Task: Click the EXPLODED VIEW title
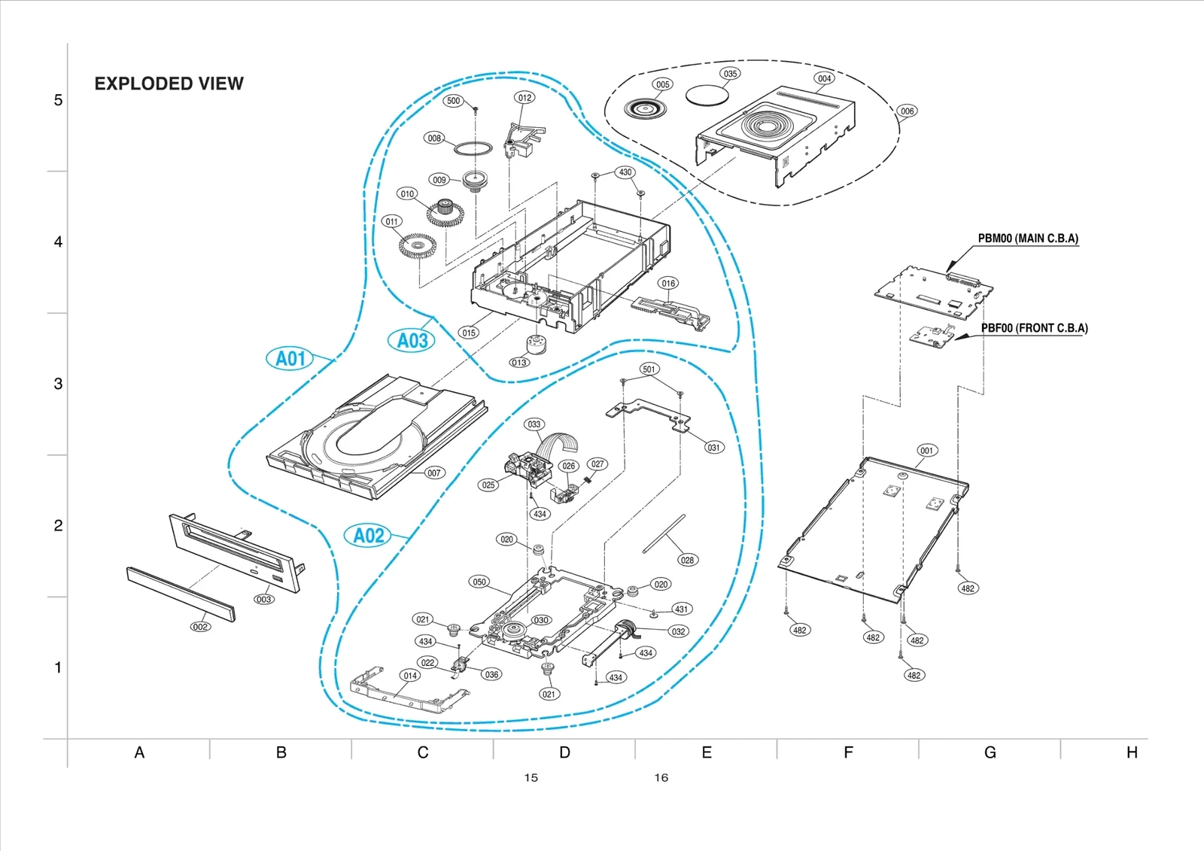pos(169,84)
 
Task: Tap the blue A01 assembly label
pos(290,359)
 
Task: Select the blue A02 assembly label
pos(369,536)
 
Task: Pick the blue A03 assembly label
pos(412,341)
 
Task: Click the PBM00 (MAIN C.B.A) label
pos(1027,239)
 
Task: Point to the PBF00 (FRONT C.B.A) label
pos(1034,328)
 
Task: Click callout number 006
pos(908,111)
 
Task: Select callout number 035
pos(730,74)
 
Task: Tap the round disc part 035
pos(707,95)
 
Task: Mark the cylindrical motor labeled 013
pos(537,344)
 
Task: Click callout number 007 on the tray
pos(434,473)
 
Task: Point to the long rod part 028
pos(664,533)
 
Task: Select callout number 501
pos(649,369)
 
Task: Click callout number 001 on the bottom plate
pos(926,451)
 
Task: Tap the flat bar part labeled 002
pos(181,594)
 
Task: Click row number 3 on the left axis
pos(58,384)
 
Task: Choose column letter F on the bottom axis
pos(848,752)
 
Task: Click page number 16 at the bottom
pos(661,778)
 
